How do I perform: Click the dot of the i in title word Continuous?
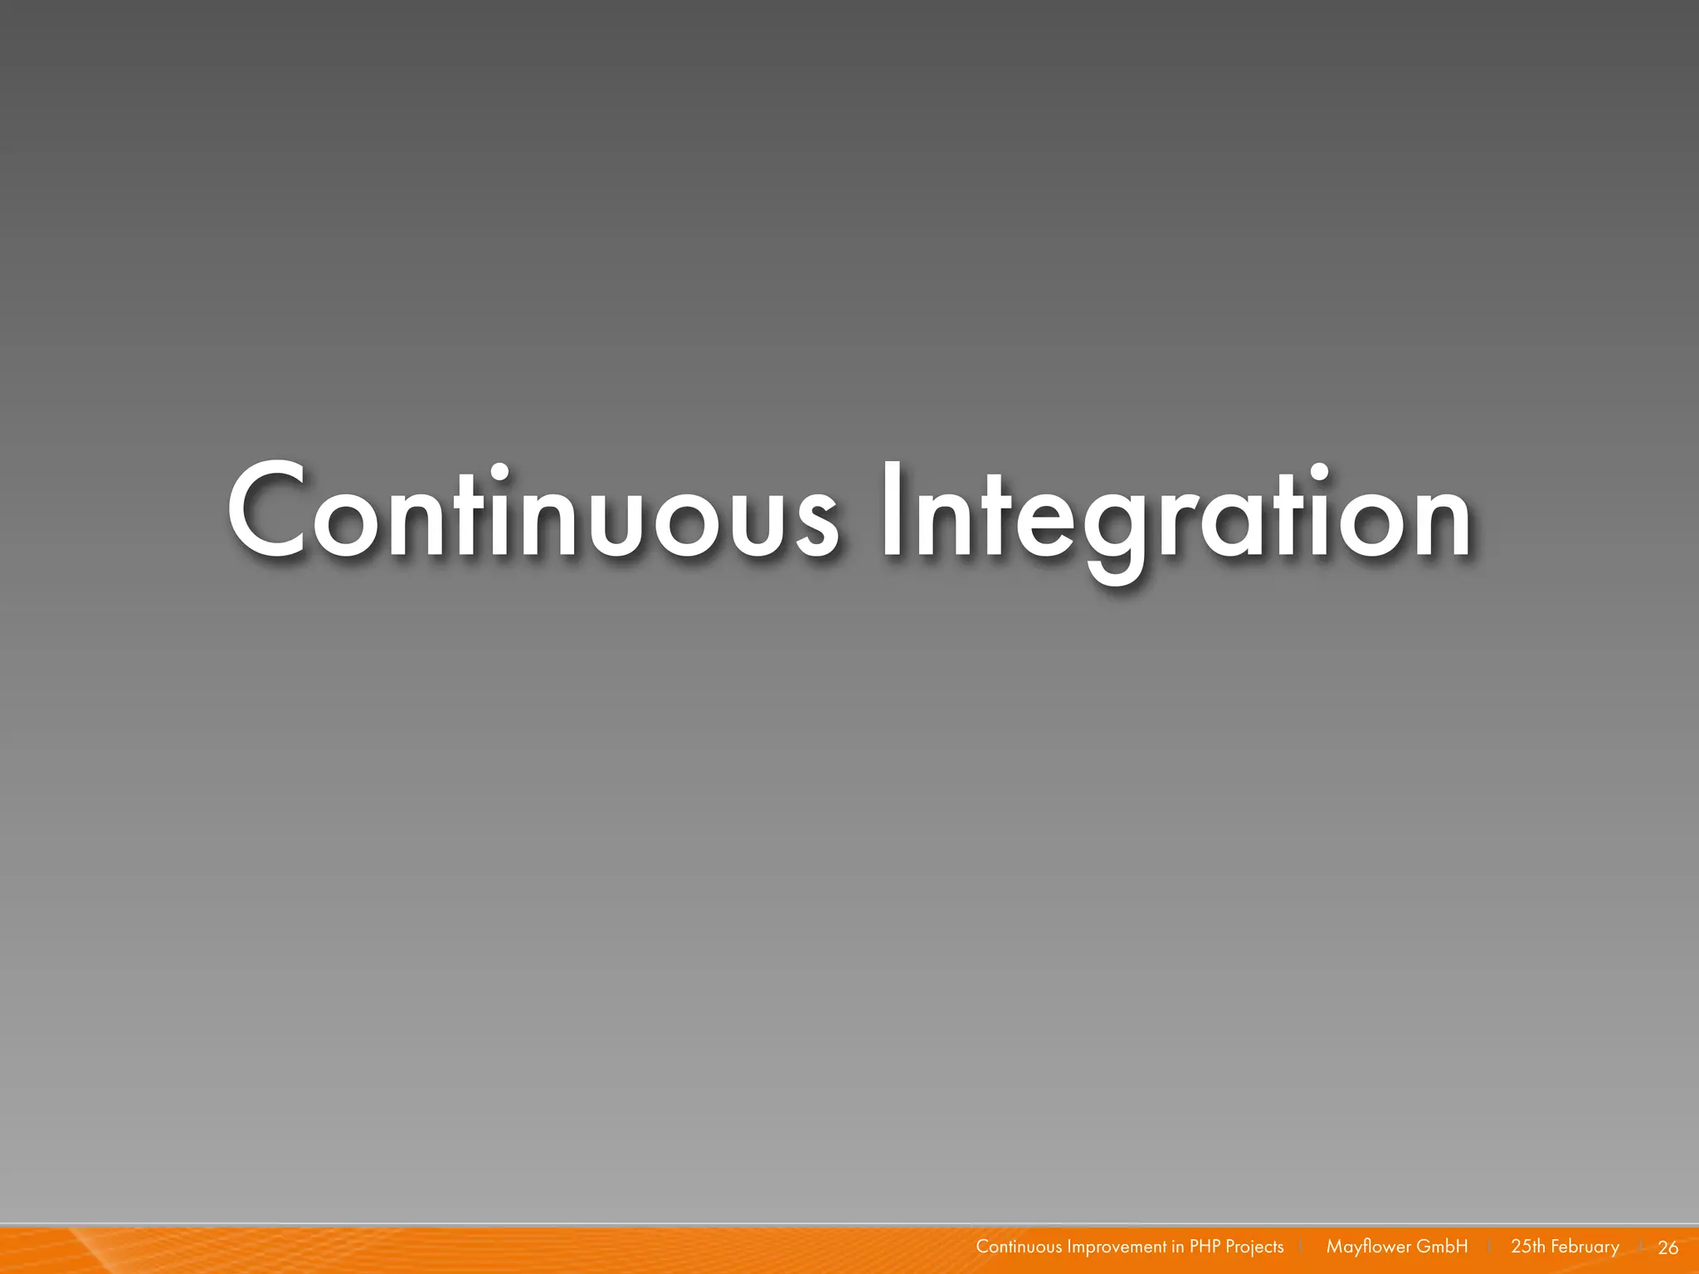tap(499, 475)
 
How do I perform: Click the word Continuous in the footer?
tap(1018, 1247)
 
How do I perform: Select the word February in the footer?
tap(1585, 1247)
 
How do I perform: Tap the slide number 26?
tap(1667, 1247)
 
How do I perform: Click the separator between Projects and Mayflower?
tap(1301, 1247)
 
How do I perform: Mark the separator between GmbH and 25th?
tap(1490, 1247)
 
